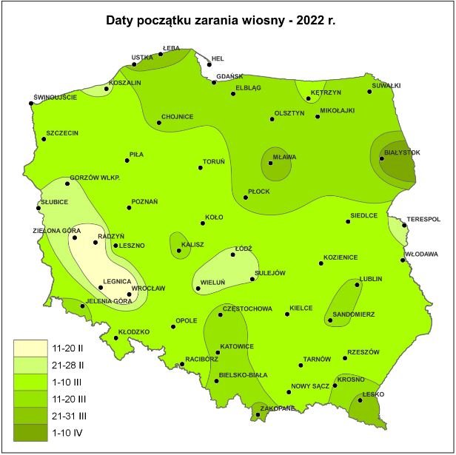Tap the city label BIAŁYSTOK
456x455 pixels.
(402, 152)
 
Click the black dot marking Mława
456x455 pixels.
(270, 164)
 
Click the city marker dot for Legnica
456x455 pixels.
(101, 288)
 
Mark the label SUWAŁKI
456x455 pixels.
(385, 85)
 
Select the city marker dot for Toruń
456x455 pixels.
(201, 168)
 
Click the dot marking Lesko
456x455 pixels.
(361, 401)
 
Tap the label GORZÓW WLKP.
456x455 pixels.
(95, 178)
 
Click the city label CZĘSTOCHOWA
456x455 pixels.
(247, 309)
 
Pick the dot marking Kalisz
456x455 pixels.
(179, 252)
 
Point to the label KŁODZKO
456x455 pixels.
(134, 331)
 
